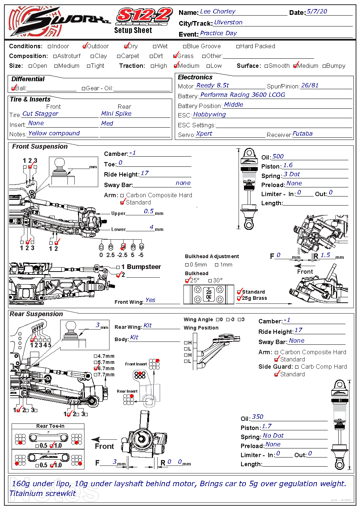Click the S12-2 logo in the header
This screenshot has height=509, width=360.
pyautogui.click(x=144, y=16)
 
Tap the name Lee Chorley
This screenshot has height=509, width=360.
pyautogui.click(x=218, y=12)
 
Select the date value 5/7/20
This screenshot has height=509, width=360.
pyautogui.click(x=316, y=12)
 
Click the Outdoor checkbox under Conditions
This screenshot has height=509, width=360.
pyautogui.click(x=85, y=46)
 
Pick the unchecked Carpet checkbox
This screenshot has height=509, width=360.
pyautogui.click(x=119, y=56)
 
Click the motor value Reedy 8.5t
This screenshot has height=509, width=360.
pyautogui.click(x=212, y=86)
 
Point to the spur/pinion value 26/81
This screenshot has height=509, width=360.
pyautogui.click(x=310, y=86)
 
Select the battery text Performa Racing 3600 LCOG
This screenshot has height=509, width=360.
pyautogui.click(x=243, y=95)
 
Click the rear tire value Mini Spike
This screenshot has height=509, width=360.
pyautogui.click(x=116, y=114)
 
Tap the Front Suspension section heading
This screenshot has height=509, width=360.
pyautogui.click(x=40, y=146)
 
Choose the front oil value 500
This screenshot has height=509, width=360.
pyautogui.click(x=278, y=157)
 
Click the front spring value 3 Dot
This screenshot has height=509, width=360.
pyautogui.click(x=291, y=174)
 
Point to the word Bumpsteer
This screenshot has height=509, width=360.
pyautogui.click(x=144, y=267)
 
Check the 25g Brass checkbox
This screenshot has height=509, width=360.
pyautogui.click(x=239, y=298)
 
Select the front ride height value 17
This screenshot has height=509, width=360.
pyautogui.click(x=144, y=173)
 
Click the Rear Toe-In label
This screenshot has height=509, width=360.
pyautogui.click(x=50, y=426)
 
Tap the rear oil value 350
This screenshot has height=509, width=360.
pyautogui.click(x=257, y=417)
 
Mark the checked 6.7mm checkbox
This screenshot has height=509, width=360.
pyautogui.click(x=96, y=368)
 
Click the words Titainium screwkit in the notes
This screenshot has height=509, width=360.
pyautogui.click(x=42, y=493)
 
